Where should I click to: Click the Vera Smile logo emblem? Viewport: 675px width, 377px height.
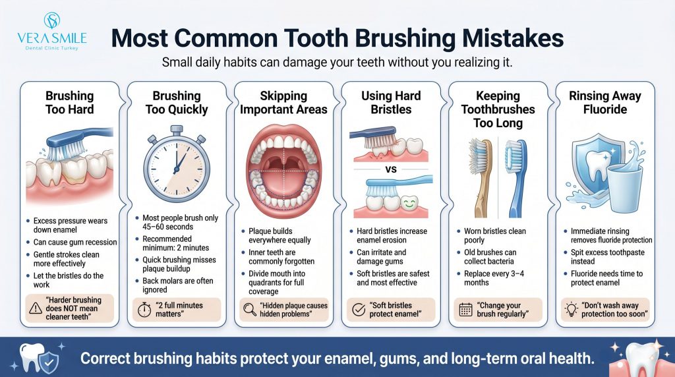[x=51, y=20]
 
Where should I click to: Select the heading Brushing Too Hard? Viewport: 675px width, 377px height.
[x=70, y=102]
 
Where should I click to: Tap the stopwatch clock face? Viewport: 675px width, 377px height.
[x=177, y=169]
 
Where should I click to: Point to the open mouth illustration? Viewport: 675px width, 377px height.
[x=283, y=171]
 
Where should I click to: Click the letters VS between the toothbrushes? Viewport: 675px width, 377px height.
[x=391, y=169]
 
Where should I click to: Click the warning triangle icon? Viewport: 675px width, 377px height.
[x=36, y=308]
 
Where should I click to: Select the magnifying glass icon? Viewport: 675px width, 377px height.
[x=250, y=309]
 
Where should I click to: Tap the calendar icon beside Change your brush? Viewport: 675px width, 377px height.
[x=466, y=309]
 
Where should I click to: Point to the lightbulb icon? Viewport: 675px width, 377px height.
[x=572, y=309]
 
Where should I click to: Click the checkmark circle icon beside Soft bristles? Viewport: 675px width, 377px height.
[x=359, y=309]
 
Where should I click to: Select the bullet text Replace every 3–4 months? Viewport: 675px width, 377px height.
[x=494, y=278]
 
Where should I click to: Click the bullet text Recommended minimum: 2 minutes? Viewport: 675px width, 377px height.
[x=175, y=243]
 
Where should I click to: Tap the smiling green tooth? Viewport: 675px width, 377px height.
[x=409, y=203]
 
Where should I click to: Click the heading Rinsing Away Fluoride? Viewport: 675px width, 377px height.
[x=605, y=102]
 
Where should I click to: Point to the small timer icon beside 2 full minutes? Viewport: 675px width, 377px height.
[x=144, y=309]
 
